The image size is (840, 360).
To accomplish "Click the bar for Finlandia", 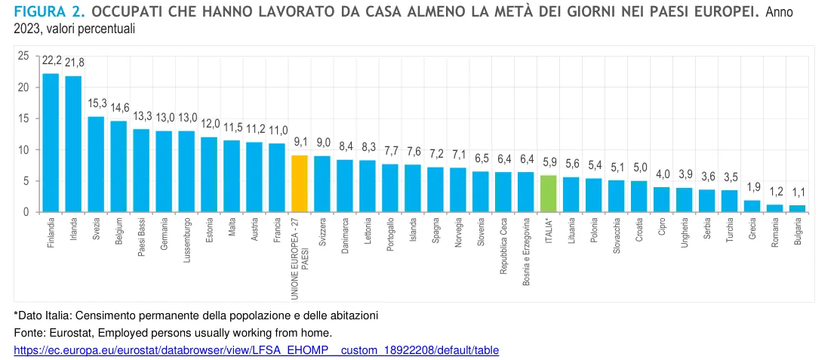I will pos(51,143).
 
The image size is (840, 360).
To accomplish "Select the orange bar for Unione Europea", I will pos(300,183).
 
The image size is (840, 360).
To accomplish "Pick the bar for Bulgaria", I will pos(797,208).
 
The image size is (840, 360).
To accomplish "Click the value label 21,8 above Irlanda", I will pos(74,61).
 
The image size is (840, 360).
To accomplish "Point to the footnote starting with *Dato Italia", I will pos(195,314).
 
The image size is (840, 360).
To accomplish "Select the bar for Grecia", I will pos(752,206).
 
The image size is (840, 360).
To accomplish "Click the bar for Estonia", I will pos(209,174).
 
